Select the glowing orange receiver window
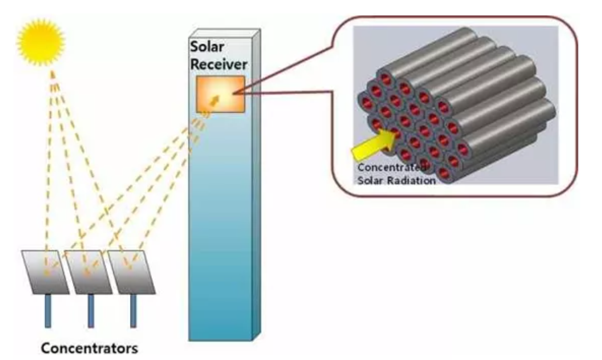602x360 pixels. click(x=220, y=94)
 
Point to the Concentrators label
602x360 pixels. click(x=89, y=349)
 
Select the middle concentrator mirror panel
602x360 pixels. click(x=88, y=271)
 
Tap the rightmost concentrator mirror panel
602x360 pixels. click(x=131, y=271)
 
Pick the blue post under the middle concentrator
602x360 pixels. click(x=90, y=310)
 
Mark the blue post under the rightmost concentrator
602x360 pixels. click(x=133, y=310)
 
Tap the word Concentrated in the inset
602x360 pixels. click(x=388, y=167)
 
